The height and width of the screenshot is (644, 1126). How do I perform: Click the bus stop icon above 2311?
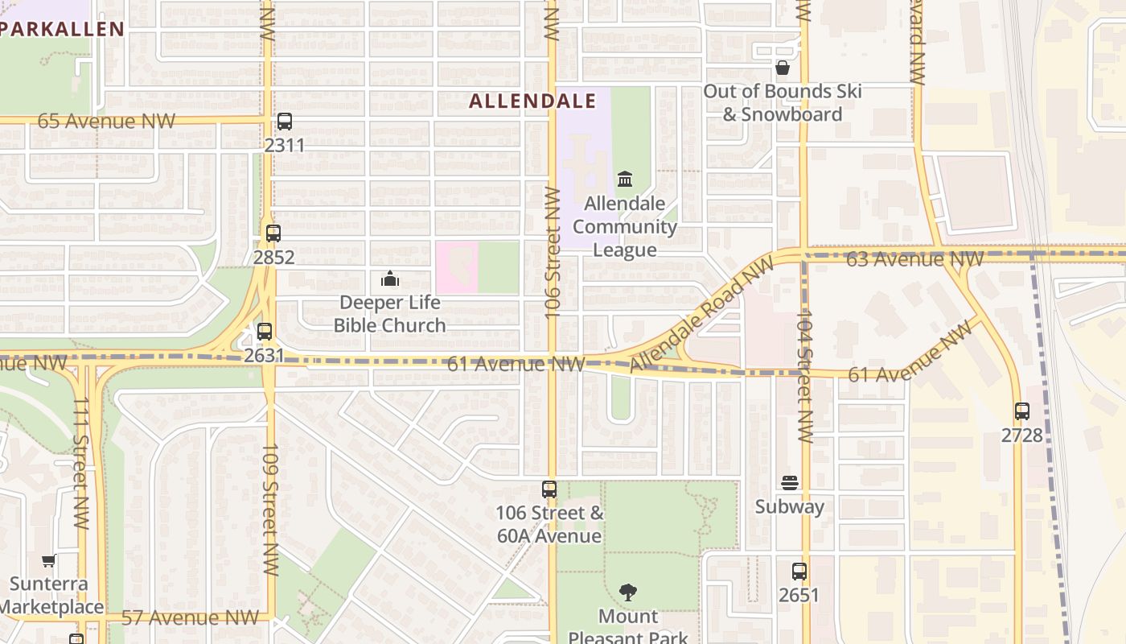pyautogui.click(x=285, y=122)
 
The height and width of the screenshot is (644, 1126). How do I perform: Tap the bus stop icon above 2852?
pyautogui.click(x=273, y=233)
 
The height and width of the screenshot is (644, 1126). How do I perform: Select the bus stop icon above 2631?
pyautogui.click(x=265, y=331)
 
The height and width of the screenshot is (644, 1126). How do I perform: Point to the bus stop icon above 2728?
pyautogui.click(x=1022, y=411)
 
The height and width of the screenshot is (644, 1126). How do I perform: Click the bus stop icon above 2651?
pyautogui.click(x=799, y=572)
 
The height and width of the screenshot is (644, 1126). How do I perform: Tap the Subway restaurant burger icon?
pyautogui.click(x=790, y=483)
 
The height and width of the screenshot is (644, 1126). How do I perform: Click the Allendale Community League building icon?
pyautogui.click(x=625, y=179)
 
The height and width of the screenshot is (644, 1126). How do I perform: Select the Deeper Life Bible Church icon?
pyautogui.click(x=390, y=279)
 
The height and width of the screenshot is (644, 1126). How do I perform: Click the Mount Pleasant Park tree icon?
pyautogui.click(x=628, y=592)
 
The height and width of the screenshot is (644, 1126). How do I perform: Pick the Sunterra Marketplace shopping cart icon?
pyautogui.click(x=49, y=560)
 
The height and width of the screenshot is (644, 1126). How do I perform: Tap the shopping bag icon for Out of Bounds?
pyautogui.click(x=782, y=68)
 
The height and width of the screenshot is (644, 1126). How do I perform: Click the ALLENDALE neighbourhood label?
pyautogui.click(x=532, y=101)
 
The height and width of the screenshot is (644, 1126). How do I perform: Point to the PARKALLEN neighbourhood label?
pyautogui.click(x=63, y=30)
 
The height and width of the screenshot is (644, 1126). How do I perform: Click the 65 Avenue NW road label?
pyautogui.click(x=106, y=122)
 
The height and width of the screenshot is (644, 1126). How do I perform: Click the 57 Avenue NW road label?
pyautogui.click(x=190, y=618)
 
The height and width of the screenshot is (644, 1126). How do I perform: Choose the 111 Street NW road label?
pyautogui.click(x=80, y=463)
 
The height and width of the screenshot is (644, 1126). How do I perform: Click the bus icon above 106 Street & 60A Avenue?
pyautogui.click(x=549, y=489)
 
